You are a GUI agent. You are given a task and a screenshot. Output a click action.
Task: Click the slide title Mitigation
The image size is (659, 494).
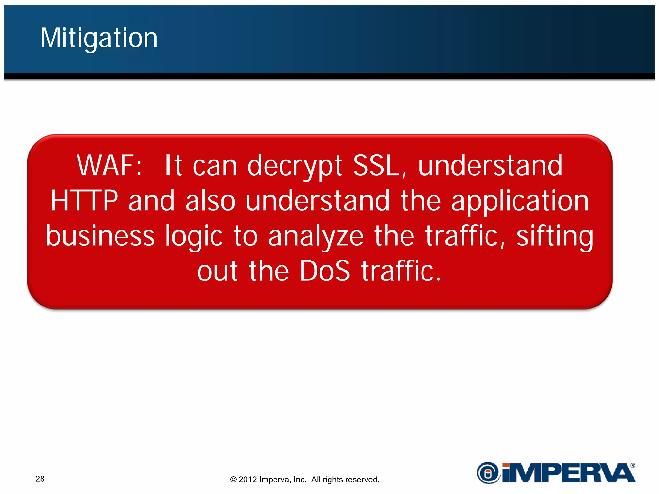click(x=99, y=38)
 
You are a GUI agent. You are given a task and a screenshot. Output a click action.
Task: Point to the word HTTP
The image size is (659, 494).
click(x=85, y=201)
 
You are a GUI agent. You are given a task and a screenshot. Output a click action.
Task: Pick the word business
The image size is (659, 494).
click(x=100, y=236)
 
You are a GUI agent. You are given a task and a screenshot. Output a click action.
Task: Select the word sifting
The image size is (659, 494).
click(x=555, y=236)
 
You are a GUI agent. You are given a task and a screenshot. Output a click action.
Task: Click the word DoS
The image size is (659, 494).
click(x=325, y=271)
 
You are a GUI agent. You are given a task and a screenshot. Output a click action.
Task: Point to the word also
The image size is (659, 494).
click(x=210, y=201)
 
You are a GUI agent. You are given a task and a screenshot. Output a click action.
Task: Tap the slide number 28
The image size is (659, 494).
click(x=40, y=479)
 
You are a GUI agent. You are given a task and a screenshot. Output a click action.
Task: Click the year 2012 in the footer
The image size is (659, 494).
click(x=247, y=480)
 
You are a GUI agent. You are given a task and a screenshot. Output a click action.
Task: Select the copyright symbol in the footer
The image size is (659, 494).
click(x=233, y=480)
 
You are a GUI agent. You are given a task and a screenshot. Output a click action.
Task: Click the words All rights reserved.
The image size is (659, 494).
click(x=345, y=480)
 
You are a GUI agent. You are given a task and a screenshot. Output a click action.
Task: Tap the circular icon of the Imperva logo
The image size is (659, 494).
click(x=488, y=473)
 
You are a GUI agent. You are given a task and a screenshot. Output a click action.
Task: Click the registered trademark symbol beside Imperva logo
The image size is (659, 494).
click(x=633, y=465)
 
